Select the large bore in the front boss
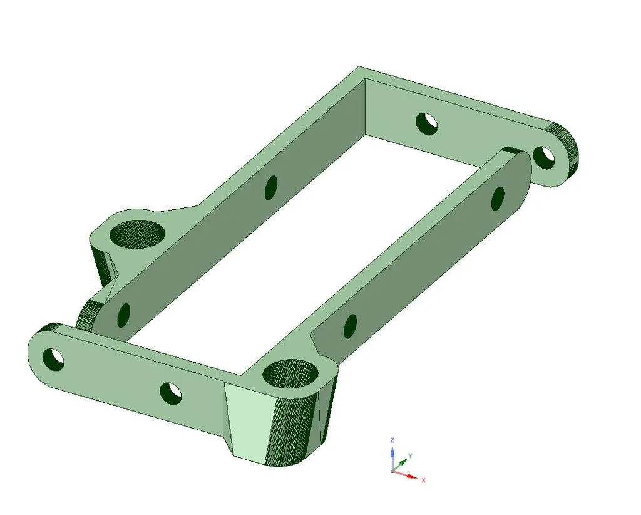click(291, 375)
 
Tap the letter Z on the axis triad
click(392, 440)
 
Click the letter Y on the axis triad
click(409, 455)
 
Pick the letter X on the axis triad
click(424, 480)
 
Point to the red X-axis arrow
click(409, 476)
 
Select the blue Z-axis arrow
click(392, 452)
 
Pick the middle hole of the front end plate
click(170, 393)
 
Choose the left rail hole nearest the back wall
click(271, 186)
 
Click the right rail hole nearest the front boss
click(351, 324)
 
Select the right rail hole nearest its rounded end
click(498, 198)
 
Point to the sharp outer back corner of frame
click(358, 66)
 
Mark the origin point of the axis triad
click(392, 471)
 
